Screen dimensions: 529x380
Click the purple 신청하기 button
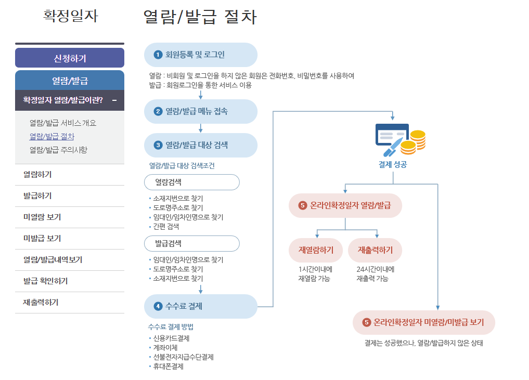pos(70,58)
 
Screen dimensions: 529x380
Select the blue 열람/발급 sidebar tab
pos(70,80)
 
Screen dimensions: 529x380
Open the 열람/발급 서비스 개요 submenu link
pos(63,123)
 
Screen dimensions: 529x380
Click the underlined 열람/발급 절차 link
pos(52,137)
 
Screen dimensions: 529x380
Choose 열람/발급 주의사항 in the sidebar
pos(58,150)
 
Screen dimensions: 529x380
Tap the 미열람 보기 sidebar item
pos(42,217)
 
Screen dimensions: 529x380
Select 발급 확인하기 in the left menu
pos(46,281)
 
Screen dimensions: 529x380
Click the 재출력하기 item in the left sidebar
pos(41,302)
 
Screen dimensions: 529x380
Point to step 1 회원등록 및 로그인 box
pos(200,55)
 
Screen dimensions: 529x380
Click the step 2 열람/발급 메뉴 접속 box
pos(200,111)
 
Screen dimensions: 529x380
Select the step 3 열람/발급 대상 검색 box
pos(200,145)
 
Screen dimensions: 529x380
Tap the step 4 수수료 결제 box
pos(200,306)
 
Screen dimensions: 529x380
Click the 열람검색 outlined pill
pos(191,182)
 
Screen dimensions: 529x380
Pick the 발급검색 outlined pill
pos(191,243)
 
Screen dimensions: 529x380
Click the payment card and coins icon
pos(400,139)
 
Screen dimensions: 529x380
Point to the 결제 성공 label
pos(393,165)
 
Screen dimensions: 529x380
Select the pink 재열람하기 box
pos(316,250)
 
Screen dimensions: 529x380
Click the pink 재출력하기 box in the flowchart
pos(375,250)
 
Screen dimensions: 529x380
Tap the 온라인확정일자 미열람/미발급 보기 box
pos(423,322)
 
